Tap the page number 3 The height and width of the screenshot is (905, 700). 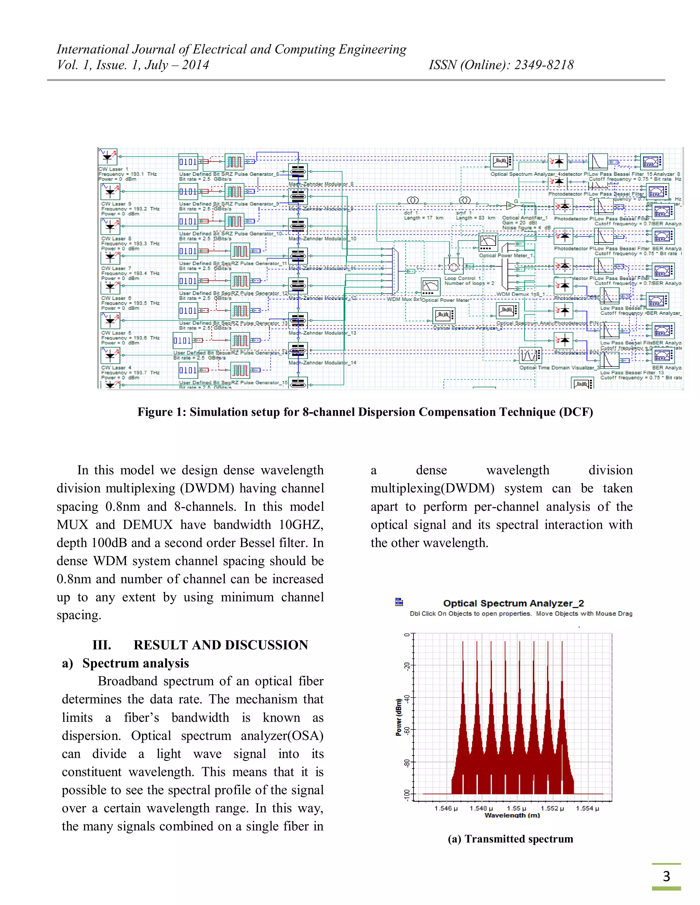pyautogui.click(x=666, y=876)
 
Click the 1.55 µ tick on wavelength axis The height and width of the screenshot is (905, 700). pyautogui.click(x=516, y=808)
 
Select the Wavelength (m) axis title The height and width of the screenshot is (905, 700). pyautogui.click(x=512, y=816)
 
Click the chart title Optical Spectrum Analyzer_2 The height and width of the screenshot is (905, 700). pyautogui.click(x=513, y=603)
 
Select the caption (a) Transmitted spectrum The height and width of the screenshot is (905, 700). pyautogui.click(x=510, y=839)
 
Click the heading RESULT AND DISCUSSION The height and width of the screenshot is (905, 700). pyautogui.click(x=220, y=645)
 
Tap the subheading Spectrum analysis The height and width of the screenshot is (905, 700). pyautogui.click(x=135, y=664)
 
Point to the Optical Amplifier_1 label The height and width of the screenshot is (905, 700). pyautogui.click(x=525, y=218)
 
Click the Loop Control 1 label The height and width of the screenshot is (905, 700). pyautogui.click(x=462, y=278)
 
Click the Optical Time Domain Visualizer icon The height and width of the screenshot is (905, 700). pyautogui.click(x=530, y=356)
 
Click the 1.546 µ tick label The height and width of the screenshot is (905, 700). pyautogui.click(x=446, y=808)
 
